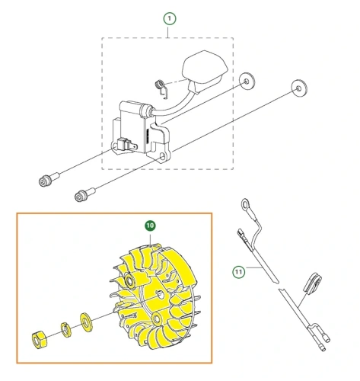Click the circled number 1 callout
click(x=170, y=18)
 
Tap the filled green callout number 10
click(x=150, y=226)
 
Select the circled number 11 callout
click(x=239, y=272)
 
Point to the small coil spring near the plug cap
click(x=161, y=88)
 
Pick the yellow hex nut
click(x=39, y=340)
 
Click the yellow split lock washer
click(x=66, y=330)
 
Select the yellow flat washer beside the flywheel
click(x=86, y=322)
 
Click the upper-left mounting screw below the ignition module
click(x=49, y=179)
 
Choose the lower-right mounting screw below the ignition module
click(x=85, y=194)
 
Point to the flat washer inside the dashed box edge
click(x=247, y=82)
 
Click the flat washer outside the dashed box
click(x=299, y=88)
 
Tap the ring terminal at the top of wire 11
click(x=245, y=204)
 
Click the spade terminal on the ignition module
click(x=128, y=145)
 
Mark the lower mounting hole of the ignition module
click(x=163, y=155)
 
